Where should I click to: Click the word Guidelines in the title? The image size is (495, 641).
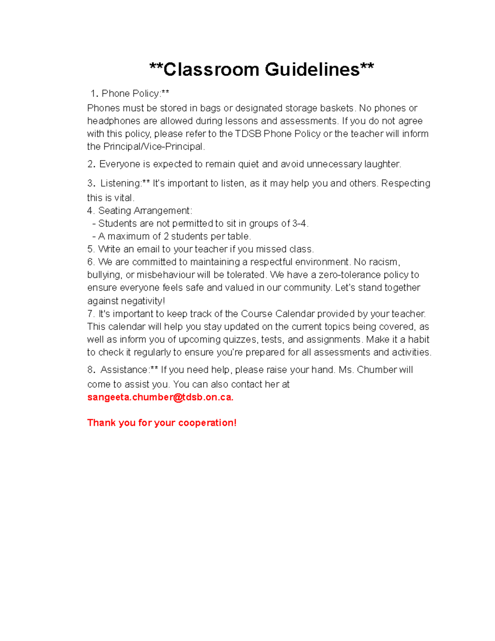tap(312, 69)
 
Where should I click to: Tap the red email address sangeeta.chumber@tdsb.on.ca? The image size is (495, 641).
tap(160, 397)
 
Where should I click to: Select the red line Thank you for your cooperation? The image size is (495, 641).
tap(162, 423)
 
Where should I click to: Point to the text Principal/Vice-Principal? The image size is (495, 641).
tap(153, 147)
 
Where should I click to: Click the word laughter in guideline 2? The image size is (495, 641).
tap(382, 164)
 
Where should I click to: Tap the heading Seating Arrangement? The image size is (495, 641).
tap(145, 211)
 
